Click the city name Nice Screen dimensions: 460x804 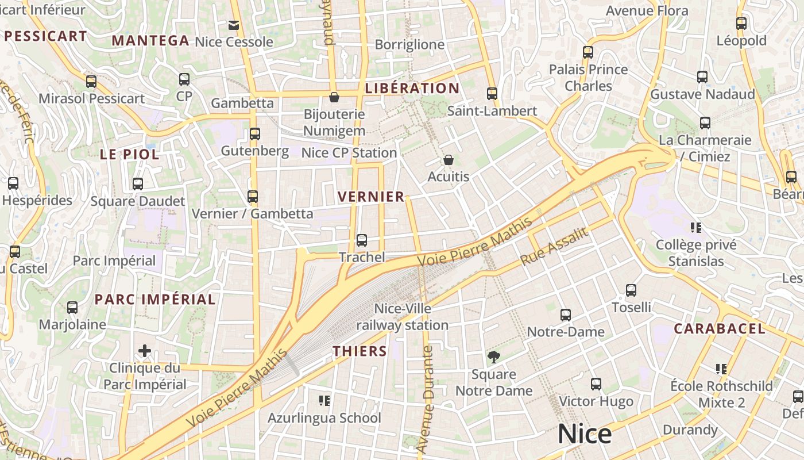[584, 434]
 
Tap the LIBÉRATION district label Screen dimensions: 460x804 [412, 88]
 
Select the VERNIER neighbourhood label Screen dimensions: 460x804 [371, 197]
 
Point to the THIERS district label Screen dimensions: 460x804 [360, 351]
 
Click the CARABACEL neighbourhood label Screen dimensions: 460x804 [719, 329]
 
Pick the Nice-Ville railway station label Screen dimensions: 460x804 [402, 317]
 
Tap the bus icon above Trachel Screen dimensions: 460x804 [362, 240]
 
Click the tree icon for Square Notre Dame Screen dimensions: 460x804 [493, 357]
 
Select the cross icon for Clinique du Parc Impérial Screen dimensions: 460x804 [145, 350]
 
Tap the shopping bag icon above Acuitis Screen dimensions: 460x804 [449, 159]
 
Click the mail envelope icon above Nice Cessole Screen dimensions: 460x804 [234, 25]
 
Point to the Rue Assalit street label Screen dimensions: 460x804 [554, 247]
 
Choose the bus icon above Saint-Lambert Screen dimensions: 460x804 [492, 93]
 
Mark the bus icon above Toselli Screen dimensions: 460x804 [631, 290]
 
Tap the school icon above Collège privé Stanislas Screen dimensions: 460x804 [697, 228]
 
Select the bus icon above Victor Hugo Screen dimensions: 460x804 [596, 384]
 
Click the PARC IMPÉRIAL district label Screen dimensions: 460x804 [155, 299]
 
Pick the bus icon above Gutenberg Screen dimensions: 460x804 [255, 134]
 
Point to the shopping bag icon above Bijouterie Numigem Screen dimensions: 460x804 [334, 97]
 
